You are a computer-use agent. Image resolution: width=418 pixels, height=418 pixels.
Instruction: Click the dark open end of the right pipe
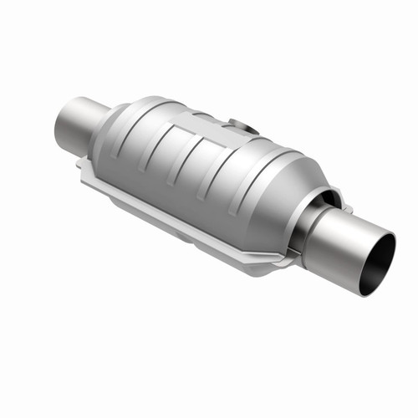coord(378,264)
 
